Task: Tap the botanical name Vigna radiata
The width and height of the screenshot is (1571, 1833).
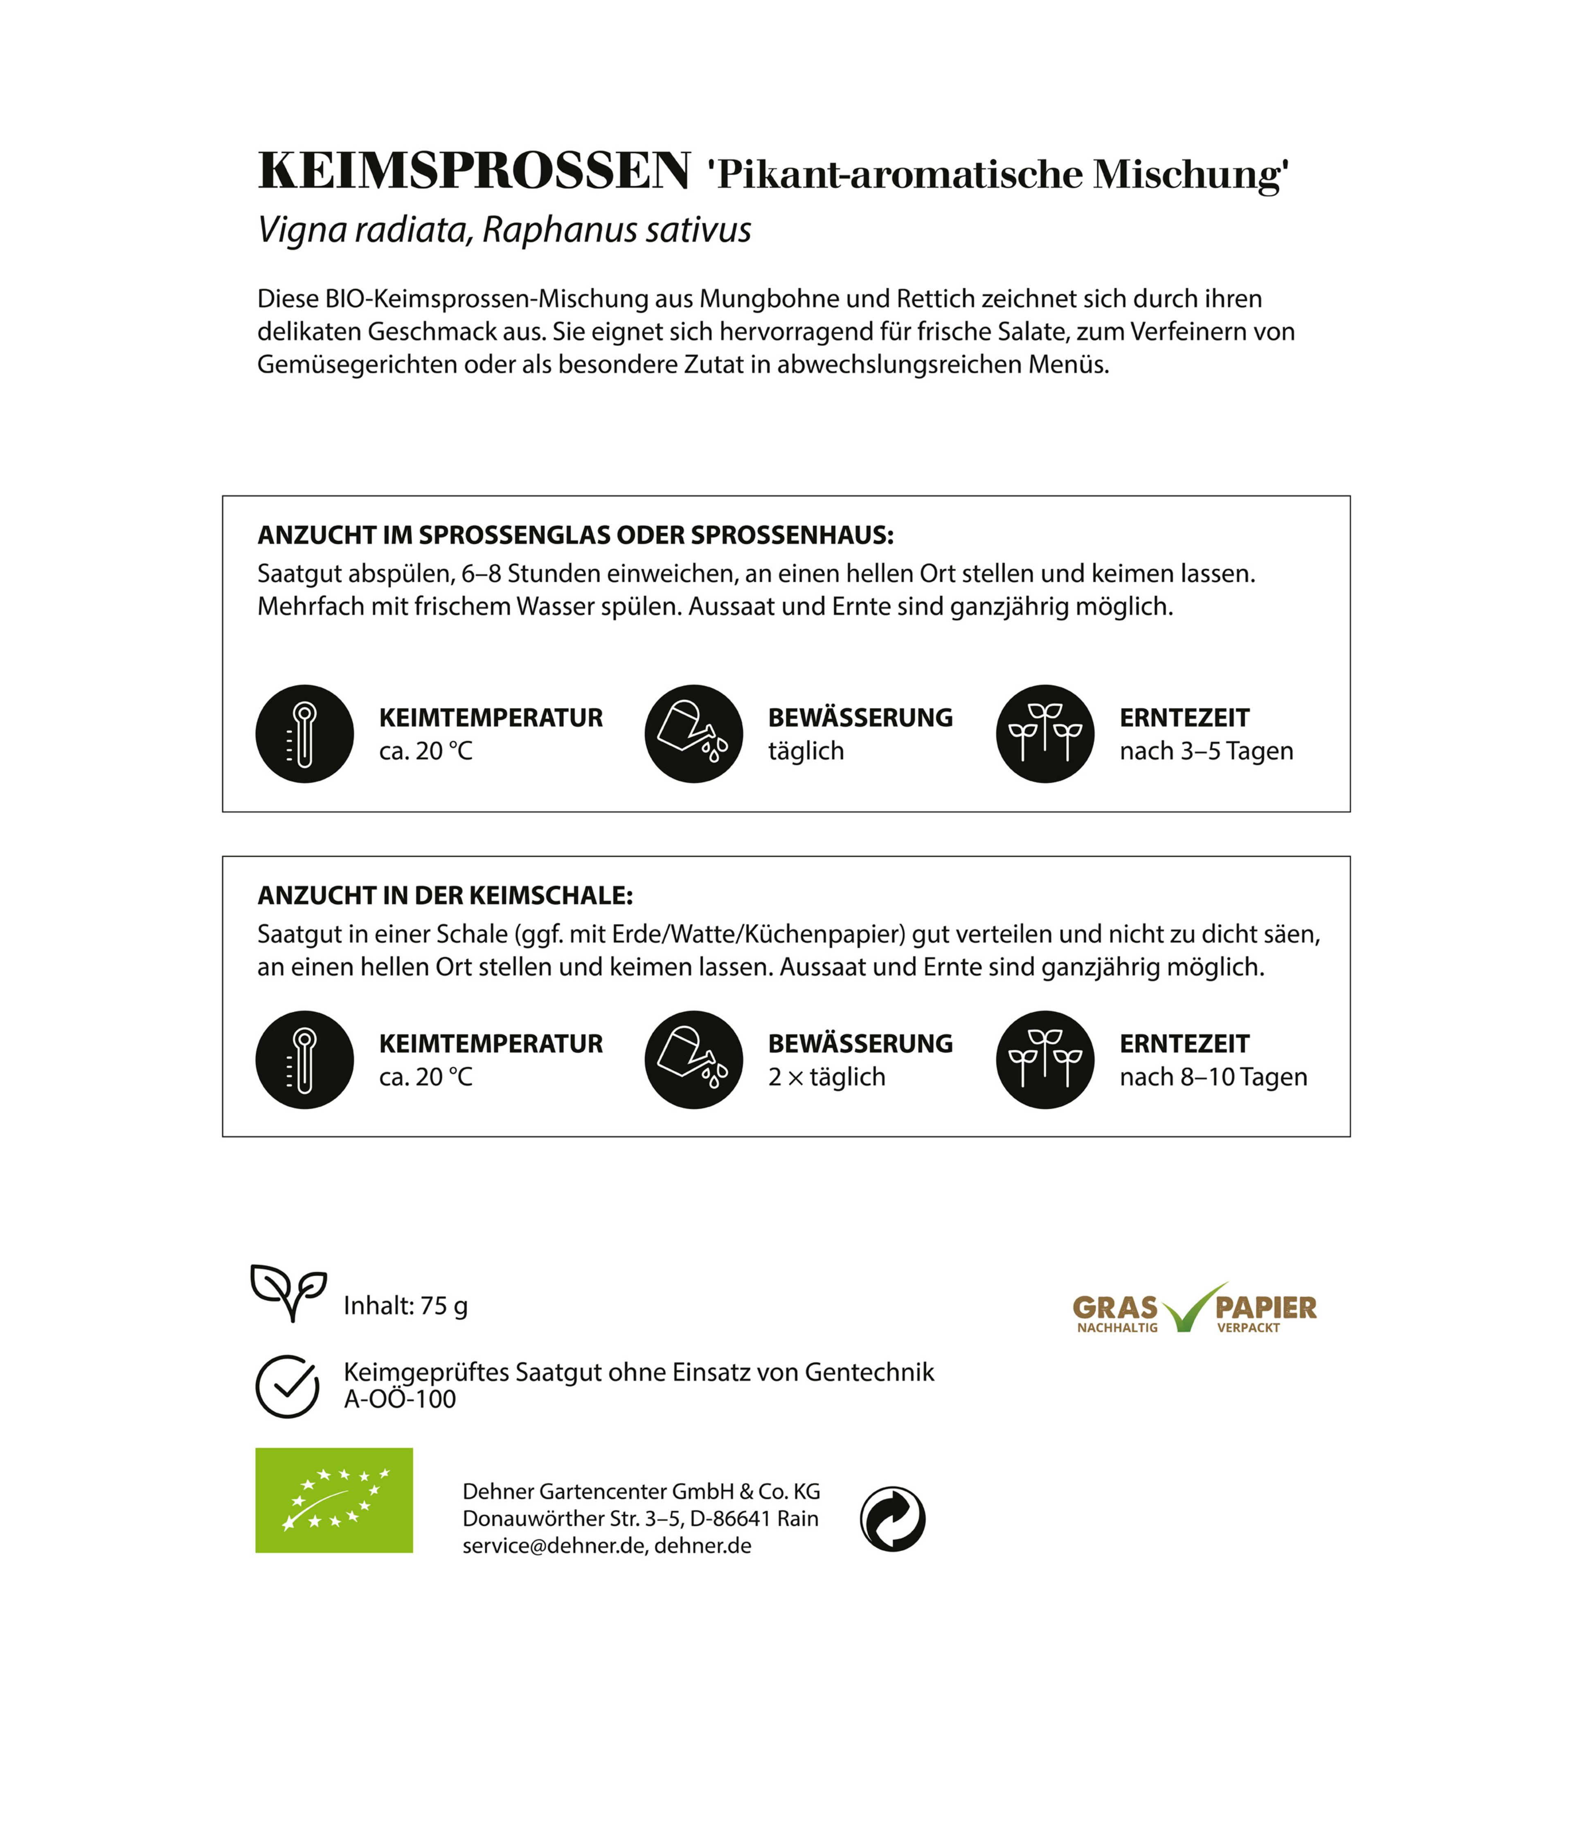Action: [362, 230]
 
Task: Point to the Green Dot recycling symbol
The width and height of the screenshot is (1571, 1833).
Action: [893, 1519]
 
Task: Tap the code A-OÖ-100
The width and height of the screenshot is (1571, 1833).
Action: [400, 1400]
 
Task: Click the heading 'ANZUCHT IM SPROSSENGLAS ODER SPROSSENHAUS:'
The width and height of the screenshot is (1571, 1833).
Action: [575, 535]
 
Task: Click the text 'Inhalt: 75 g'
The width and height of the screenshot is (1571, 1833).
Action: [405, 1306]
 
